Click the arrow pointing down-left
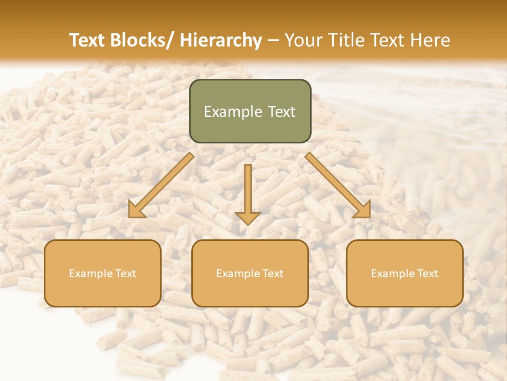coord(161,185)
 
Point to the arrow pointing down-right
coord(338,185)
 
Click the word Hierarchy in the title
coord(221,40)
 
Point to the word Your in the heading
coord(302,40)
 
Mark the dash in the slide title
coord(273,40)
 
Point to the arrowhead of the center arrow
coord(248,217)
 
